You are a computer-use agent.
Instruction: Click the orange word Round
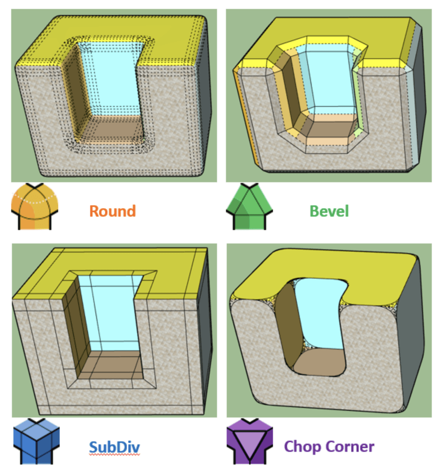click(112, 211)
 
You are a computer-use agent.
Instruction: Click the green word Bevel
click(329, 211)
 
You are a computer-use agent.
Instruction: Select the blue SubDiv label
click(114, 447)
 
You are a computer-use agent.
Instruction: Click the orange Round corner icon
click(34, 207)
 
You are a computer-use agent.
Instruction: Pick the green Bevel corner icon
click(249, 207)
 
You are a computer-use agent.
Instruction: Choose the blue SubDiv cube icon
click(36, 441)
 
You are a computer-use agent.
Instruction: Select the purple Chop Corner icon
click(249, 441)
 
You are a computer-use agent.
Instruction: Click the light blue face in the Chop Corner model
click(321, 314)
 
